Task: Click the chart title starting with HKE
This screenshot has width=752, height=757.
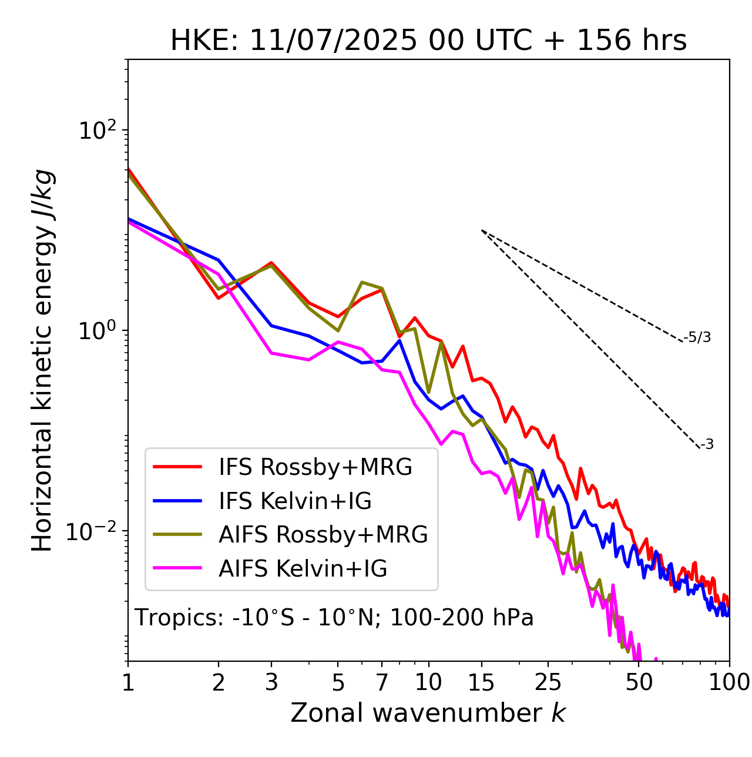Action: pyautogui.click(x=428, y=41)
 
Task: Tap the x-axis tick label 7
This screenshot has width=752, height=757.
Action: pyautogui.click(x=382, y=682)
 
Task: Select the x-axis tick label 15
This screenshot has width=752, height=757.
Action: pyautogui.click(x=482, y=682)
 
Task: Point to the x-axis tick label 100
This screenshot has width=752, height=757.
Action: pyautogui.click(x=729, y=682)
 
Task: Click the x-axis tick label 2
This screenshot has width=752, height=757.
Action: pyautogui.click(x=219, y=682)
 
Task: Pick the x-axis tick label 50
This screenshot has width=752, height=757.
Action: pyautogui.click(x=639, y=682)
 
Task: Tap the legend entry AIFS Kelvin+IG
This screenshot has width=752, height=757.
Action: pyautogui.click(x=303, y=569)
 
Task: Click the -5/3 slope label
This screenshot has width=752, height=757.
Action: pyautogui.click(x=698, y=337)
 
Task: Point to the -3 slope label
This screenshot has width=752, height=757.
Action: pyautogui.click(x=707, y=445)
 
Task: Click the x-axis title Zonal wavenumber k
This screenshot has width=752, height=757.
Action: pyautogui.click(x=428, y=714)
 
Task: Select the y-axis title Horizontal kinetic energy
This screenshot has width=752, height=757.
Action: pyautogui.click(x=42, y=361)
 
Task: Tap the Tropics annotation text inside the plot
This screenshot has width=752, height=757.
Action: pyautogui.click(x=334, y=618)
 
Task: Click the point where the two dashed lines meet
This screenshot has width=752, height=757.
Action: pyautogui.click(x=482, y=230)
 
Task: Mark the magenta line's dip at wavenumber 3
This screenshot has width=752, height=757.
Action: pyautogui.click(x=271, y=353)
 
